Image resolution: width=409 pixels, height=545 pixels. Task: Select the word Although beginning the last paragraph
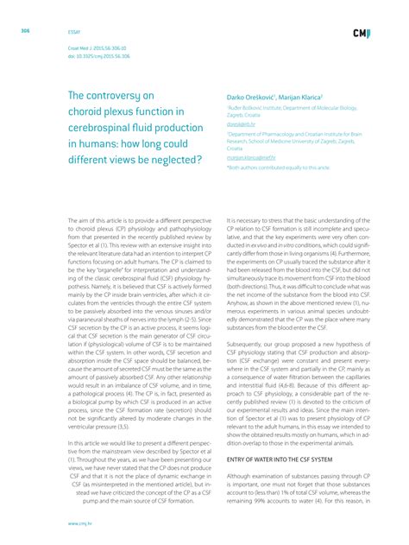pyautogui.click(x=241, y=475)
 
